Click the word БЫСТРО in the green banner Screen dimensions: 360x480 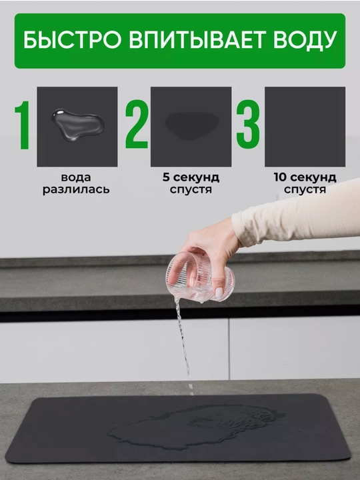(72, 40)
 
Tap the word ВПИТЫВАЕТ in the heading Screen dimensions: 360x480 (197, 39)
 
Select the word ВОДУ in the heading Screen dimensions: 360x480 (305, 40)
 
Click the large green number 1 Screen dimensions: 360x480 (23, 125)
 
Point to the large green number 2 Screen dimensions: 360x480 (136, 124)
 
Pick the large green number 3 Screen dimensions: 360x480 (248, 124)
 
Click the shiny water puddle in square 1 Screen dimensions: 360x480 (77, 124)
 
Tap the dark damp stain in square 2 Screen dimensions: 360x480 (192, 126)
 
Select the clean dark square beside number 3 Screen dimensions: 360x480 (305, 127)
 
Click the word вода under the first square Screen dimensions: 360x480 (76, 177)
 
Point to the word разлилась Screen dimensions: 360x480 (76, 189)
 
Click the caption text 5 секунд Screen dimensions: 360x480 (191, 177)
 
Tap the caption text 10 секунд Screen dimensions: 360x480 (305, 177)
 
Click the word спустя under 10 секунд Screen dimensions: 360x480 (305, 189)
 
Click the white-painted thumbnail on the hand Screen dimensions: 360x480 (219, 293)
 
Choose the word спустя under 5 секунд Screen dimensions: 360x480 (191, 189)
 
